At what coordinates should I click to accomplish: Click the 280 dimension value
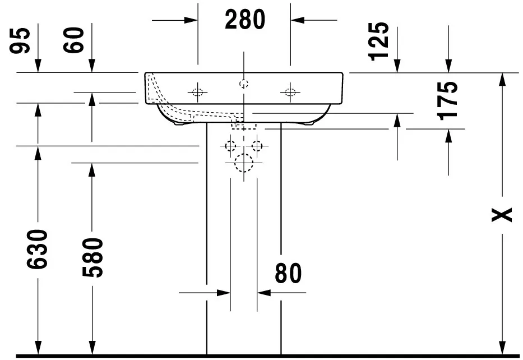coord(245,20)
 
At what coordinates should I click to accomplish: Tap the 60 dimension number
coord(76,40)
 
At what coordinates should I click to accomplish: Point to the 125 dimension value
coord(379,41)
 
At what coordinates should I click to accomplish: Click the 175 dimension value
coord(448,100)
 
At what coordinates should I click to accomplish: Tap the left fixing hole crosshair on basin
coord(197,92)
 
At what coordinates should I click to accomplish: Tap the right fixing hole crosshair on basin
coord(290,92)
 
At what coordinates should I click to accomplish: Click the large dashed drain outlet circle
coord(244,163)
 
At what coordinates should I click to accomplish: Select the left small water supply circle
coord(230,146)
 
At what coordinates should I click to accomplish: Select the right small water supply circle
coord(257,146)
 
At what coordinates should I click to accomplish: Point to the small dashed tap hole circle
coord(244,84)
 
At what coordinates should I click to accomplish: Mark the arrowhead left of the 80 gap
coord(224,293)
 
